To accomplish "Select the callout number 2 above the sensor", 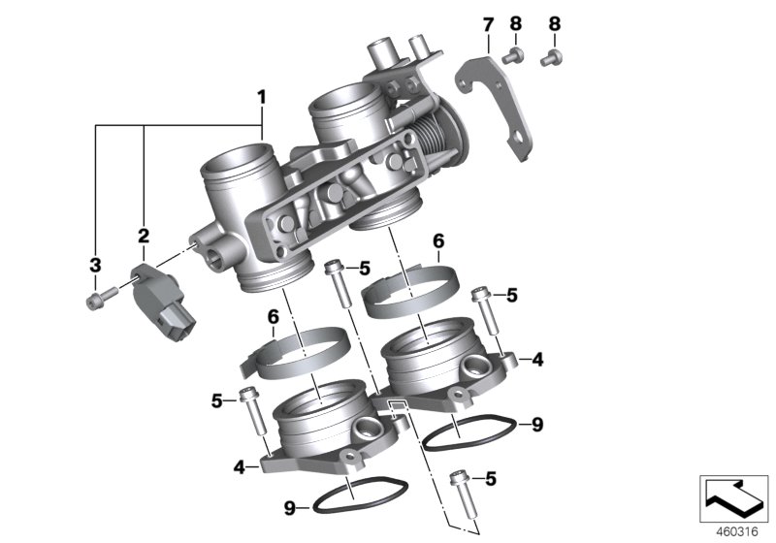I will point(144,235).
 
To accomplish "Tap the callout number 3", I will point(95,265).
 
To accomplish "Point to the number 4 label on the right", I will point(537,361).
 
